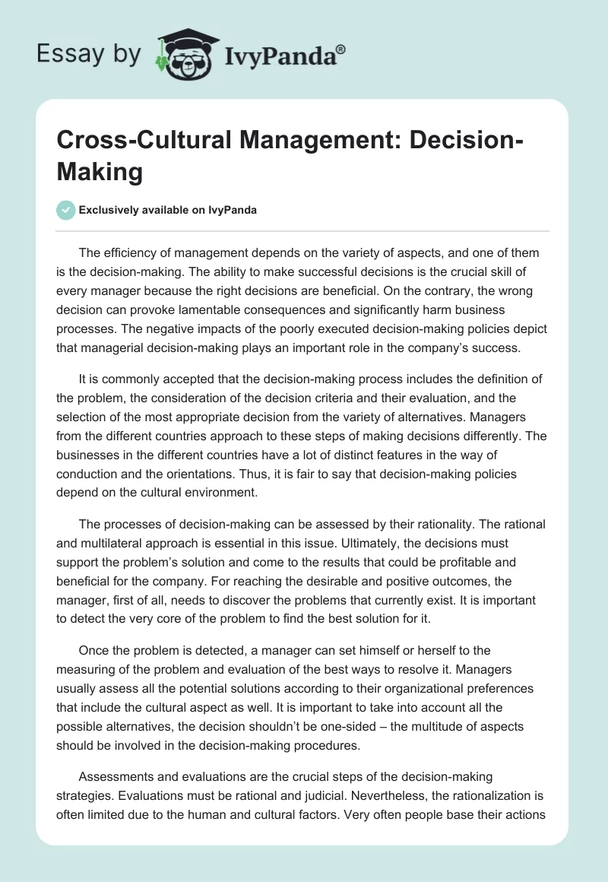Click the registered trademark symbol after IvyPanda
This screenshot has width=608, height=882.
[341, 49]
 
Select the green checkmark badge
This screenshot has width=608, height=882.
[66, 210]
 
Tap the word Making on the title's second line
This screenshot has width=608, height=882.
[100, 172]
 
